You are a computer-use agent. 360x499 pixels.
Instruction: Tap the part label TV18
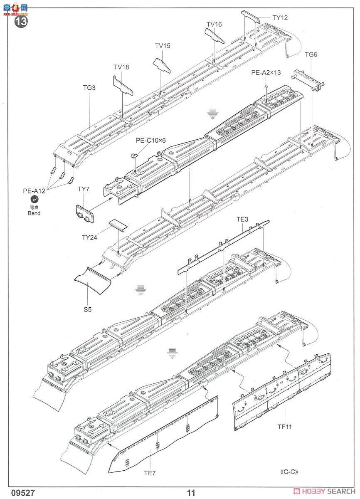pyautogui.click(x=121, y=67)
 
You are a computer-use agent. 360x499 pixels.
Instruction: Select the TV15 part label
pyautogui.click(x=163, y=46)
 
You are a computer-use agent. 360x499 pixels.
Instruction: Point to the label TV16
pyautogui.click(x=214, y=24)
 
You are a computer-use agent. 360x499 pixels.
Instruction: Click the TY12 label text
pyautogui.click(x=280, y=17)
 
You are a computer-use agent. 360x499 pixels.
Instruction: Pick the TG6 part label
pyautogui.click(x=311, y=54)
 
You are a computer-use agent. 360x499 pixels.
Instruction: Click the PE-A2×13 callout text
pyautogui.click(x=266, y=72)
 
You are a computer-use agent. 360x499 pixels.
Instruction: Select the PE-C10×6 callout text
pyautogui.click(x=150, y=140)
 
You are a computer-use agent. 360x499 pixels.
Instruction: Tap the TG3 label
pyautogui.click(x=89, y=88)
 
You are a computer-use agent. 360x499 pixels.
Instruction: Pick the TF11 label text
pyautogui.click(x=285, y=425)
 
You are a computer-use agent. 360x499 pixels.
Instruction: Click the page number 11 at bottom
pyautogui.click(x=191, y=493)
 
